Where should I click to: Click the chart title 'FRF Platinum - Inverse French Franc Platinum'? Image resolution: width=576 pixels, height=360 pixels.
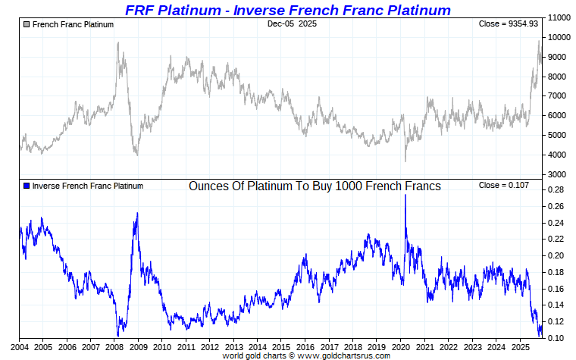pos(287,10)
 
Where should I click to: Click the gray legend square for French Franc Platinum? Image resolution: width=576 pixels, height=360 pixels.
pos(27,24)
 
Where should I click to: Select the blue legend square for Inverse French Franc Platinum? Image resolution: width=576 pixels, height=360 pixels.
pos(27,186)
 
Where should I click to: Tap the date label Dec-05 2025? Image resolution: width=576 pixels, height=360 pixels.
pos(292,24)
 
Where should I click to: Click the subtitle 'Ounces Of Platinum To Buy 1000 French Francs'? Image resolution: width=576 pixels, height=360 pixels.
pos(315,186)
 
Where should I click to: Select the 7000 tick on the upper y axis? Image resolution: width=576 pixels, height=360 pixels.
pos(559,96)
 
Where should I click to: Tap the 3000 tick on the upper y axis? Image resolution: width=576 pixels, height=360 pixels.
pos(559,175)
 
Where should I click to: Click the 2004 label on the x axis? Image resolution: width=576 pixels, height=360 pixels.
pos(20,347)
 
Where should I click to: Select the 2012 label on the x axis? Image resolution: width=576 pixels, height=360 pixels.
pos(209,347)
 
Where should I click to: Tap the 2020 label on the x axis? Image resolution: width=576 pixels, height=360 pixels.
pos(399,347)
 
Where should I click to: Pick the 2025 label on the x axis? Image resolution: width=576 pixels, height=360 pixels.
pos(518,347)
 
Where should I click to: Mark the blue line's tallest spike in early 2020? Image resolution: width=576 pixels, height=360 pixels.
pos(405,196)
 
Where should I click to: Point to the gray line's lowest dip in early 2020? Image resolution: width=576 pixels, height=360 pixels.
pos(405,161)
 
